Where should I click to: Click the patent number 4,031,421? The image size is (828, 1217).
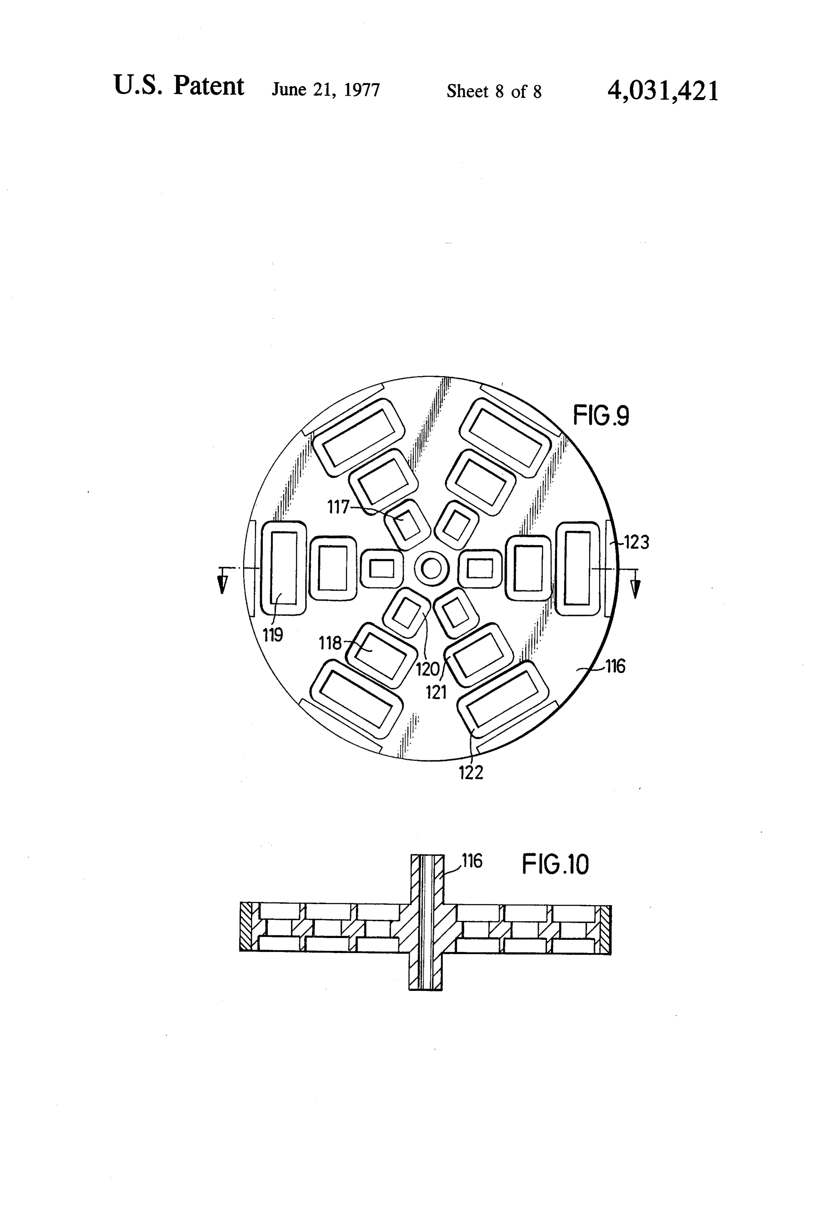point(663,91)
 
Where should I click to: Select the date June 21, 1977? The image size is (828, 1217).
point(325,90)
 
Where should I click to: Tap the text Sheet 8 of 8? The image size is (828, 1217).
point(494,92)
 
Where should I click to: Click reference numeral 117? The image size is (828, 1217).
point(338,507)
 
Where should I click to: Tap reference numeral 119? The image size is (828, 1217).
point(273,635)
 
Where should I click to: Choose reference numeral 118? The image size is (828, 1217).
point(330,643)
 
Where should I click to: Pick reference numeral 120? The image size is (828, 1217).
point(428,669)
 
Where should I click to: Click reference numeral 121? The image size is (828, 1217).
point(436,692)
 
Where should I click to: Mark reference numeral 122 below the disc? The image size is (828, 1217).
point(471,772)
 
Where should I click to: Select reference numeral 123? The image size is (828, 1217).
point(636,542)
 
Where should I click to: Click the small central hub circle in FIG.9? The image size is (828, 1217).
point(431,568)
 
